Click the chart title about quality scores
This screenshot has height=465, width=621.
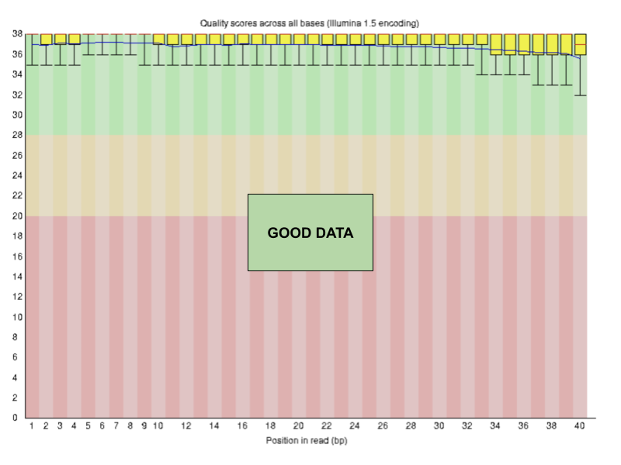point(310,23)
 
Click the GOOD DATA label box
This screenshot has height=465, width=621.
point(310,232)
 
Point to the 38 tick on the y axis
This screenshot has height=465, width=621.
point(16,34)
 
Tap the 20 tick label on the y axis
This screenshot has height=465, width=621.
point(16,216)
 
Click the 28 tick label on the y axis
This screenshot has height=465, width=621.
point(16,136)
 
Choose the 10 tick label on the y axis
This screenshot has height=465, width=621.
point(16,317)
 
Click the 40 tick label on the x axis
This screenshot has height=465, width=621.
point(578,426)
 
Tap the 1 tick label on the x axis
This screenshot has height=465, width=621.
point(32,426)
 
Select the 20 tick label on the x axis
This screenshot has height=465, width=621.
point(298,426)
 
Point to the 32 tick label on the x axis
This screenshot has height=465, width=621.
point(467,426)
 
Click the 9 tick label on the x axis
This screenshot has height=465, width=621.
point(144,426)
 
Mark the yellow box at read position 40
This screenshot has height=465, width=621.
point(579,44)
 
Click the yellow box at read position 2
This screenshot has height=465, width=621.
point(46,39)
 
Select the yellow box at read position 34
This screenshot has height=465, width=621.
point(495,44)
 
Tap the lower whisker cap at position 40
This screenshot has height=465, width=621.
point(579,95)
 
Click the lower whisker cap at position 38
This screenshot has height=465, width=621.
point(551,84)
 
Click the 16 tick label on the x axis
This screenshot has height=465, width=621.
point(242,426)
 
